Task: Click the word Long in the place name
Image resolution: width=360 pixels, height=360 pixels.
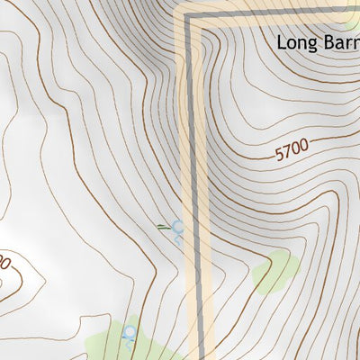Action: (293, 42)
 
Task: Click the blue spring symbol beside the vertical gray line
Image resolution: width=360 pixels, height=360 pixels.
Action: (177, 229)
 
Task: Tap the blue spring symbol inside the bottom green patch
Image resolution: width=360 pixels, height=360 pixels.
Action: (129, 334)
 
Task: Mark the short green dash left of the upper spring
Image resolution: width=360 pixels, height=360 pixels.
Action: (163, 226)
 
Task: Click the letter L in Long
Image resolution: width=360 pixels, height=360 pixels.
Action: (281, 42)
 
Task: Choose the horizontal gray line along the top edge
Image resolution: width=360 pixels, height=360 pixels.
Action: (270, 11)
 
